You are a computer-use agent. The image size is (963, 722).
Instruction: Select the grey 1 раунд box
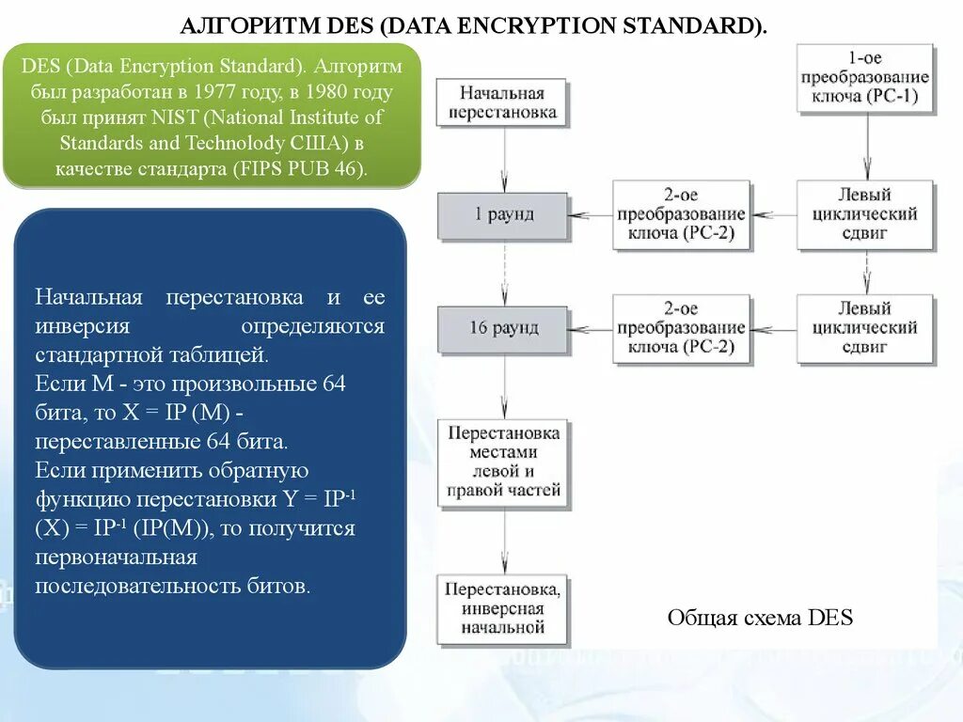(503, 215)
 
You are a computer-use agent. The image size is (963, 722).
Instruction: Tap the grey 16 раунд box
(503, 328)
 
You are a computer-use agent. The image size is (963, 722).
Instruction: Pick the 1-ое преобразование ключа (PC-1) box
(865, 78)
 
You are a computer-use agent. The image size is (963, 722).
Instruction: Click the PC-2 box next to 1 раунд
(683, 215)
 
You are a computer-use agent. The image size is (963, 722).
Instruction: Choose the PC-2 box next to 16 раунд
(683, 328)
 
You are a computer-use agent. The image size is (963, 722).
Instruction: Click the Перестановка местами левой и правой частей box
(503, 462)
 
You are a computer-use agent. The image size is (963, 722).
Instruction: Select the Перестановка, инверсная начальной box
(503, 608)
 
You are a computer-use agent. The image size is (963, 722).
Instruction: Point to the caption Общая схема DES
(760, 618)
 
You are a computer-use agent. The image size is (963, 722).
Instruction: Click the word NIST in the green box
(172, 118)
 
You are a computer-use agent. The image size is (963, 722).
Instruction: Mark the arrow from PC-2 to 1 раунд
(591, 215)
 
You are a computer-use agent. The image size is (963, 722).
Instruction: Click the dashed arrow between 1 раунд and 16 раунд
(504, 273)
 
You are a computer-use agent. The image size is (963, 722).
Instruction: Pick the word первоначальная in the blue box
(116, 557)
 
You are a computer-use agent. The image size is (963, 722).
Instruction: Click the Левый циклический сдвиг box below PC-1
(865, 215)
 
